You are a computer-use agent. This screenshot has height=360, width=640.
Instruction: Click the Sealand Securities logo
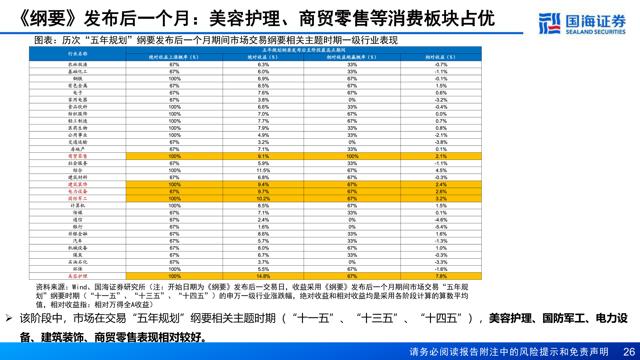[x=582, y=23]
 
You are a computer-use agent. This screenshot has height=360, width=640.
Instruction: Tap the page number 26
[x=629, y=352]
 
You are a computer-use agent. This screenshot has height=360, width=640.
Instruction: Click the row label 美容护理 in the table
[x=78, y=276]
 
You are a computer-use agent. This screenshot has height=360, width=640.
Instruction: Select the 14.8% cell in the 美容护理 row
[x=263, y=276]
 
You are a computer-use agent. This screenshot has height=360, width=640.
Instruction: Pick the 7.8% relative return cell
[x=441, y=276]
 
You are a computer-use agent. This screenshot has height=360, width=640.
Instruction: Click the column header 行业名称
[x=78, y=54]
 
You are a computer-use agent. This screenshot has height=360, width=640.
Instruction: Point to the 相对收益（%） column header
[x=441, y=57]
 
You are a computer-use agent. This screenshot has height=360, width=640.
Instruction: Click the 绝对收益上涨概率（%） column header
[x=174, y=57]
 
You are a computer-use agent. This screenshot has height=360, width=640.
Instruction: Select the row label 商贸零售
[x=78, y=156]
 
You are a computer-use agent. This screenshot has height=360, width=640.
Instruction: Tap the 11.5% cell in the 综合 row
[x=263, y=170]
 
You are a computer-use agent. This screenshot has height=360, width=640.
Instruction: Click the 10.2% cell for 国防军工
[x=263, y=198]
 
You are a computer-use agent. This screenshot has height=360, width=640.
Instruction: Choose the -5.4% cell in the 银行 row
[x=441, y=227]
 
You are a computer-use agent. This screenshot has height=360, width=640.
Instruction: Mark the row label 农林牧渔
[x=78, y=64]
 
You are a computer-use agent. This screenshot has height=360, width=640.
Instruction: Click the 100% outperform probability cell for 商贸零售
[x=352, y=156]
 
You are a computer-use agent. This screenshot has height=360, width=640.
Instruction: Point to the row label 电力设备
[x=78, y=191]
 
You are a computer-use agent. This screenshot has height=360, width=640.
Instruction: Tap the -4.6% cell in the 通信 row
[x=441, y=220]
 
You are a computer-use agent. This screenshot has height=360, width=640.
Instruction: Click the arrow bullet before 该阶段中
[x=9, y=318]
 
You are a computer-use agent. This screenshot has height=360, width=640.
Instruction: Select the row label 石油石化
[x=78, y=262]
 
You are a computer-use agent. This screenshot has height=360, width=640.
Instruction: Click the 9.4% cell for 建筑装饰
[x=263, y=184]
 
